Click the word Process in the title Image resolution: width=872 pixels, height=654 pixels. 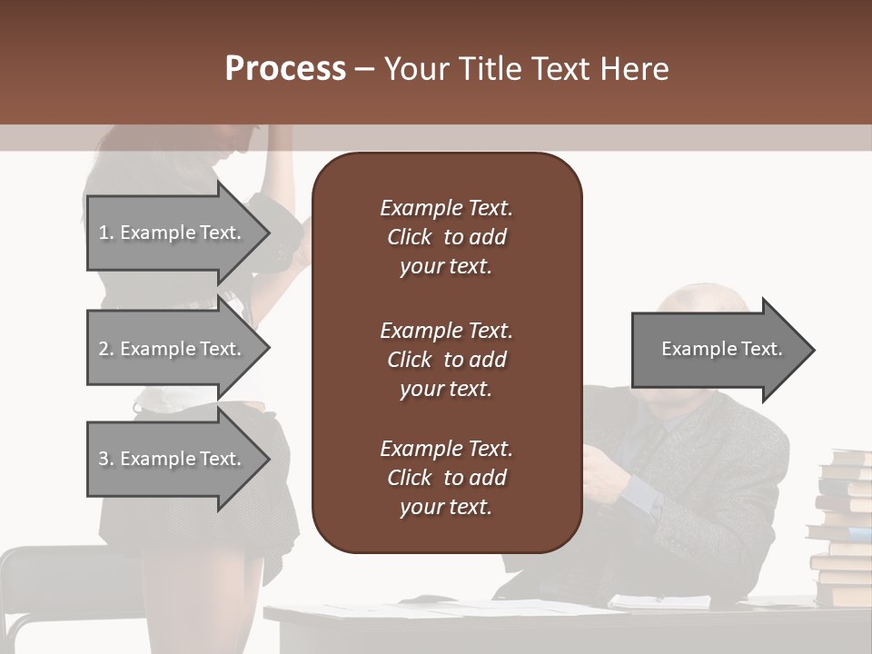285,69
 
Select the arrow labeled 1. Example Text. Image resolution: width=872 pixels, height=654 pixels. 173,233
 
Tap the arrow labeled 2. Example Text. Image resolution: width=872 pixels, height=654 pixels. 173,349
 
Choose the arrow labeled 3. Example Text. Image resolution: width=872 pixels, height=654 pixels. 173,459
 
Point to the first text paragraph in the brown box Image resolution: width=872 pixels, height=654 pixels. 446,237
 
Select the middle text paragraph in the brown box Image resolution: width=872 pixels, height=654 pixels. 446,360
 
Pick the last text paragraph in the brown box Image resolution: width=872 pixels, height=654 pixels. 446,478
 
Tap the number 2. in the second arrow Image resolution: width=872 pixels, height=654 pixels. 105,349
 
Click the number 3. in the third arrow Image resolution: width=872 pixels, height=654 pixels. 105,459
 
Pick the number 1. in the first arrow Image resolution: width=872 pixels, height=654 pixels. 105,233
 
